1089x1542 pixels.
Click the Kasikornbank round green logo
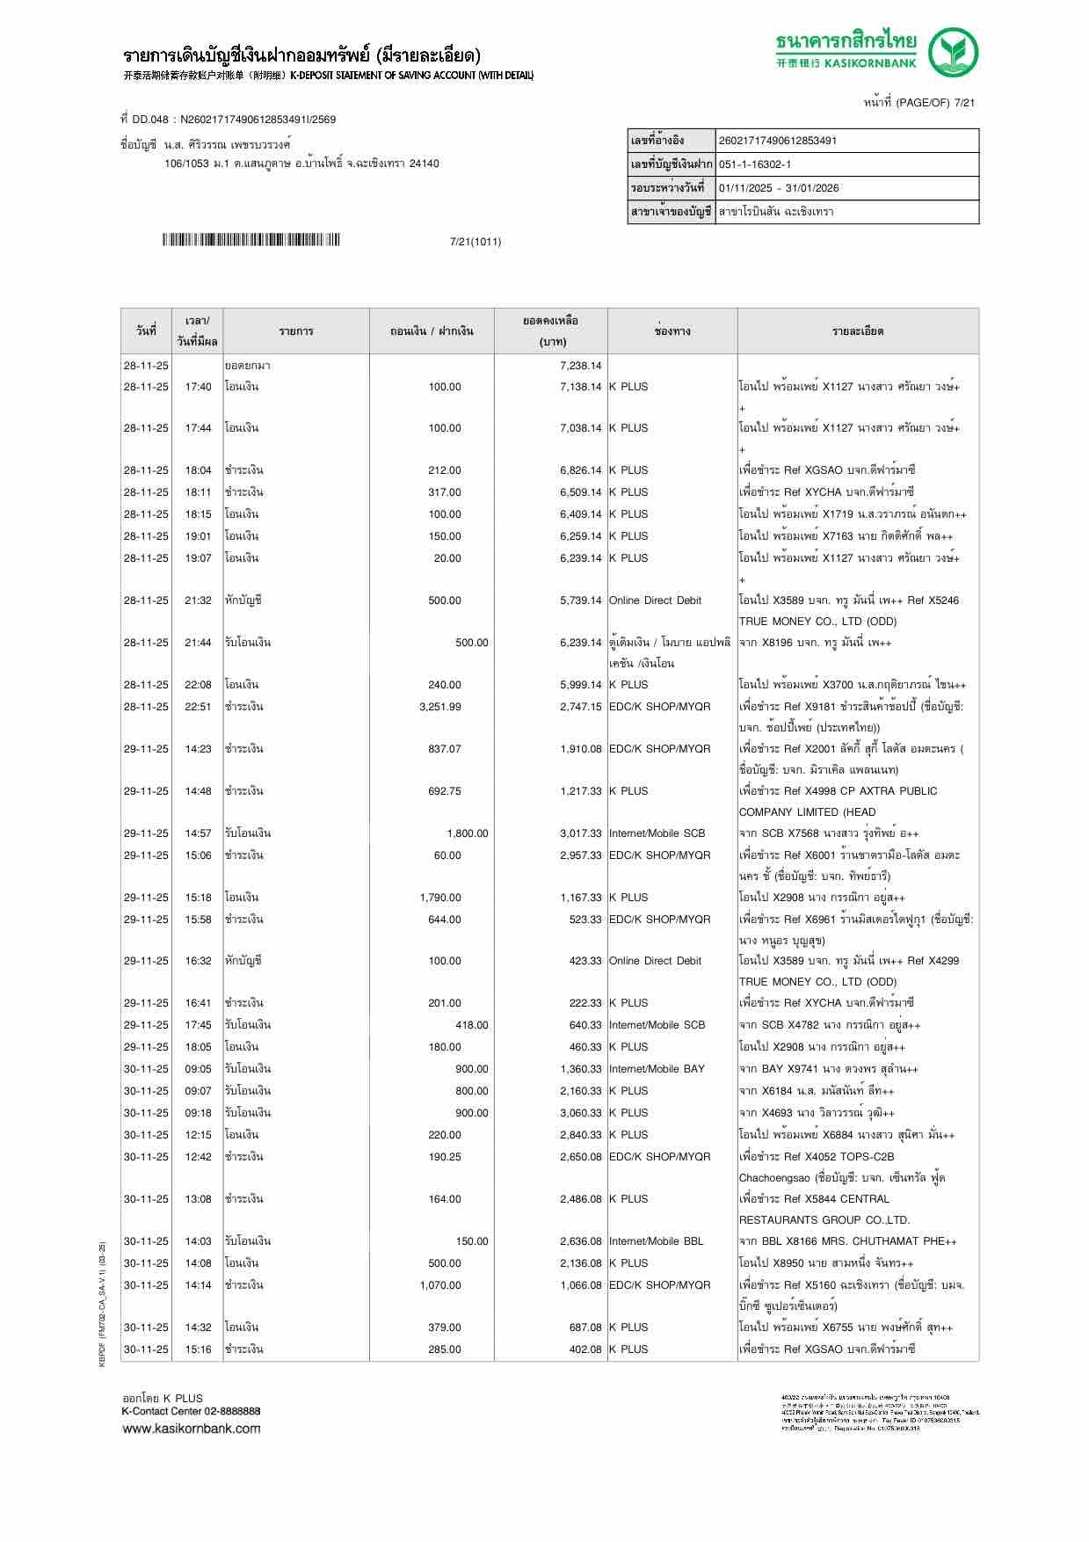tap(955, 52)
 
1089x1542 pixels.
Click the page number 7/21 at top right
tap(964, 103)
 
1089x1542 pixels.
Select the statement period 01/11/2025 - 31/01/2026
tap(779, 188)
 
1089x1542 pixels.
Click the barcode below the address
tap(250, 240)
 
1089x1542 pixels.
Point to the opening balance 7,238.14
tap(580, 366)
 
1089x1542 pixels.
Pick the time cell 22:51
tap(198, 707)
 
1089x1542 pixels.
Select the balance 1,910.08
tap(580, 749)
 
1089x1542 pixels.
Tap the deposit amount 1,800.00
tap(467, 833)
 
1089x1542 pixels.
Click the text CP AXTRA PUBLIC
tap(888, 791)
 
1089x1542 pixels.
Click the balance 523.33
tap(585, 920)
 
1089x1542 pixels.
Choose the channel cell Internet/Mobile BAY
tap(657, 1069)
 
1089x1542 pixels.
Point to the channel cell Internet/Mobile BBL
tap(657, 1241)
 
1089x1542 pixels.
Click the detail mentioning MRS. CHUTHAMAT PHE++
tap(847, 1241)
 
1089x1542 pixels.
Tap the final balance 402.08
tap(585, 1349)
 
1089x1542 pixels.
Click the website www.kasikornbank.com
tap(191, 1428)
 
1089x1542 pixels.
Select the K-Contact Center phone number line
tap(191, 1411)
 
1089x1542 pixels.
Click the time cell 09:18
tap(198, 1113)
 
